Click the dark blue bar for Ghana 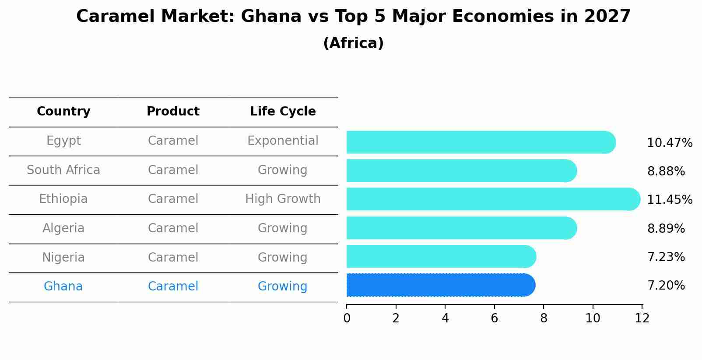440,285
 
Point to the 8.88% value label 666,171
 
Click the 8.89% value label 666,229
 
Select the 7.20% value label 666,286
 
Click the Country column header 63,112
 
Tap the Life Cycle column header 283,112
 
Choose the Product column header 173,112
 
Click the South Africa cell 63,170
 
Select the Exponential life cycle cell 283,141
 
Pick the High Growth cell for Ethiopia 283,199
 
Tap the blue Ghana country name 63,287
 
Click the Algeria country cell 63,228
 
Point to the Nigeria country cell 63,258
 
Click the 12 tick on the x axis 642,318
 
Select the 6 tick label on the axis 495,318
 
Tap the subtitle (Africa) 353,43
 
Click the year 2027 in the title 607,17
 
